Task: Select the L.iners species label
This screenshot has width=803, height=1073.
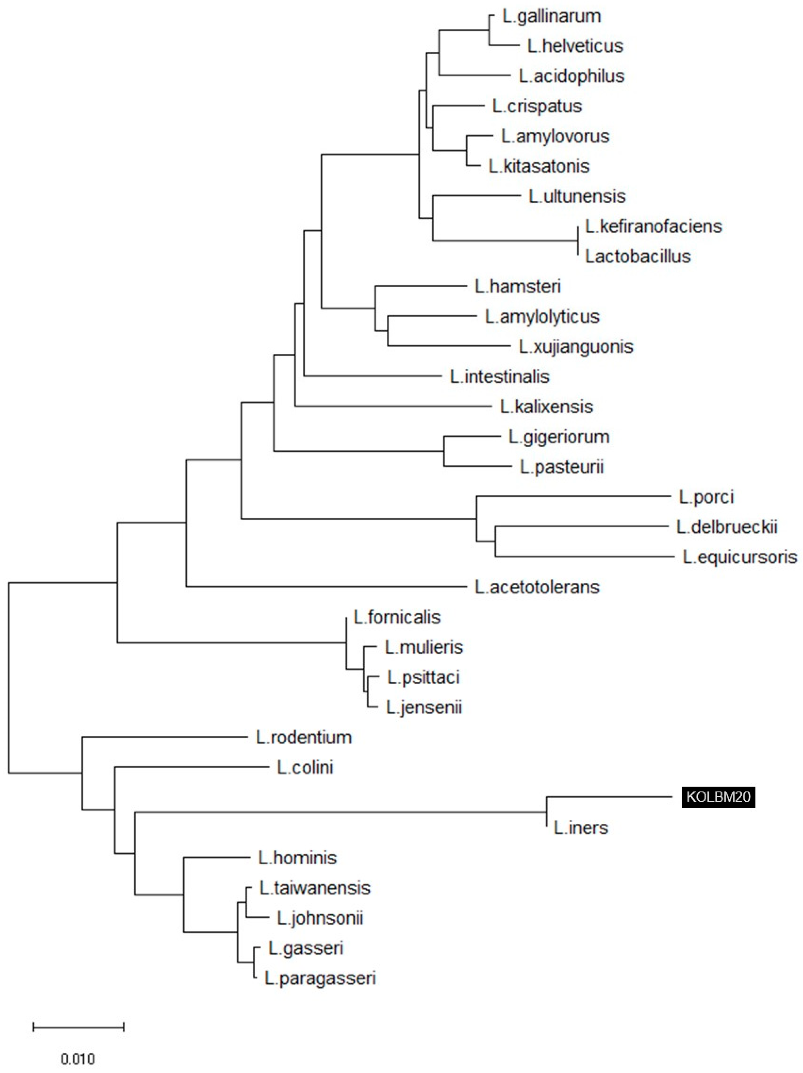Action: (x=581, y=828)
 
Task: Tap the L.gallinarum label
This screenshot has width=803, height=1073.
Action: (x=551, y=16)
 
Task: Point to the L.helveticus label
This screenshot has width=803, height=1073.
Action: (x=575, y=46)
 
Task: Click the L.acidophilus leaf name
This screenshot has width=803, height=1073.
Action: (x=571, y=76)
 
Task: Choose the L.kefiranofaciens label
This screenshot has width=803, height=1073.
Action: (x=653, y=226)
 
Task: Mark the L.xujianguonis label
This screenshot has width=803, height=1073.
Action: (x=576, y=346)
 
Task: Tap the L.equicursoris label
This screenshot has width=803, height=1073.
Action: (x=739, y=557)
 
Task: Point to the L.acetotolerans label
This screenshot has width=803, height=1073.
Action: (x=537, y=587)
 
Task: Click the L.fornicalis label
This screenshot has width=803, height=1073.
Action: (x=397, y=617)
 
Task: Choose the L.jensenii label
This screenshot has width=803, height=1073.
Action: (x=424, y=707)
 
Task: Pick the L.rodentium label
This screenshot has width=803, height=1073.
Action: (x=304, y=737)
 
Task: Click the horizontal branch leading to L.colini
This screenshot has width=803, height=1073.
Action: (x=192, y=767)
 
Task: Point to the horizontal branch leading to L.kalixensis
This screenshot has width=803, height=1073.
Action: (x=393, y=406)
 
